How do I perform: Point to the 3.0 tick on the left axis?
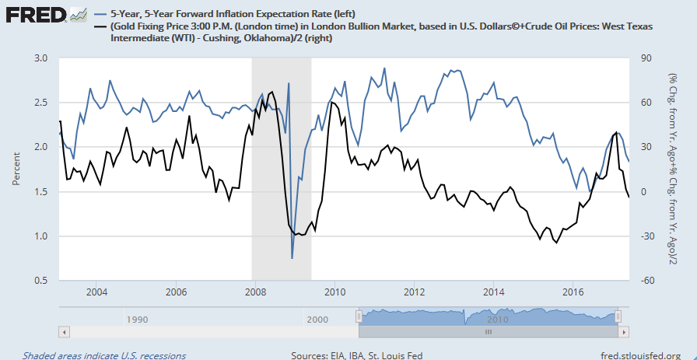point(42,58)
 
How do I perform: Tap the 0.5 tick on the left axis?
point(42,280)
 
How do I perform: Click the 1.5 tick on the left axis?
point(42,191)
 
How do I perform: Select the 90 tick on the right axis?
point(645,58)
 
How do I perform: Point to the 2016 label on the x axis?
point(573,292)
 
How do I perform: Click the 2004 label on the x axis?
point(96,292)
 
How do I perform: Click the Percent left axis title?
point(16,170)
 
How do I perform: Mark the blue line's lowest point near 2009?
point(292,258)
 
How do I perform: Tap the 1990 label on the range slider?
point(138,319)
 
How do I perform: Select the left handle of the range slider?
point(359,316)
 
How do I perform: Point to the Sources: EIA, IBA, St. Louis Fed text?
point(356,355)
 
